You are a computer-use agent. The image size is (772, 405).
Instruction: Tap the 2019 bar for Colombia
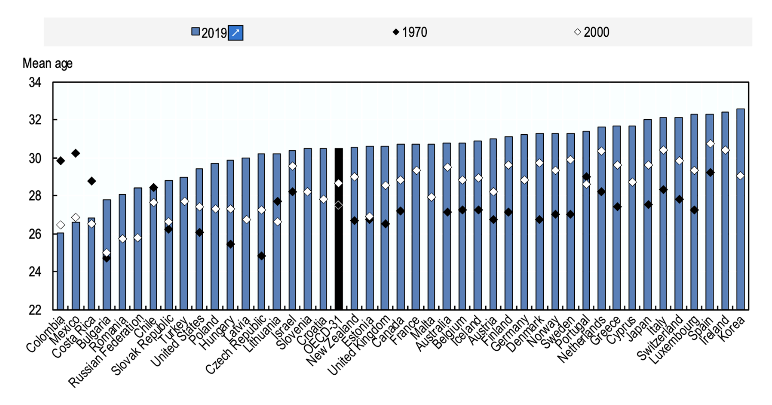point(61,271)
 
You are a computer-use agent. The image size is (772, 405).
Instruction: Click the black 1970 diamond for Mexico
point(76,153)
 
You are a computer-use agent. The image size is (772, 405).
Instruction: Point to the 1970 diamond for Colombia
point(61,161)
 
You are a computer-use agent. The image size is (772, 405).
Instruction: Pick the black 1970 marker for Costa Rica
point(91,181)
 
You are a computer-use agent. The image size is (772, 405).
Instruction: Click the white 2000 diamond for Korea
point(741,176)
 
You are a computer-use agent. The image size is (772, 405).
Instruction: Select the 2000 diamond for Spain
point(710,144)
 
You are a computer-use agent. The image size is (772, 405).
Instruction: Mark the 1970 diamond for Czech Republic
point(261,256)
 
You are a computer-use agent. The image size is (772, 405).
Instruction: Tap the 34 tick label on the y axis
point(35,82)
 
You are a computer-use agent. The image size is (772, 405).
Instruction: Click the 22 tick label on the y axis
point(35,310)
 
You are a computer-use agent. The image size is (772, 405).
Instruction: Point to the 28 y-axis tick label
point(35,196)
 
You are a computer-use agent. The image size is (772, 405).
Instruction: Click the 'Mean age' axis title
point(47,63)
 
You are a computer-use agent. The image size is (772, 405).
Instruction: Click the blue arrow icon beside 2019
point(236,33)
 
